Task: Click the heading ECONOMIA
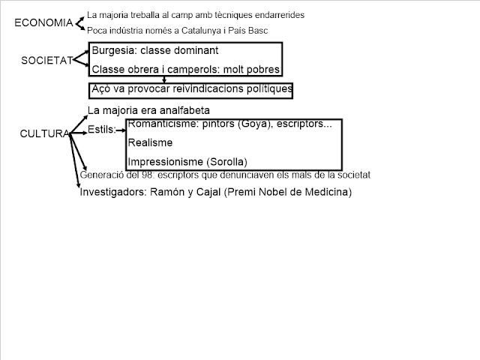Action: pos(44,22)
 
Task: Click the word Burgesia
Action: pos(113,52)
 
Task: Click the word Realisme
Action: pos(150,142)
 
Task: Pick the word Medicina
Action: pos(325,192)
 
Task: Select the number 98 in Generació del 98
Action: pos(141,175)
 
